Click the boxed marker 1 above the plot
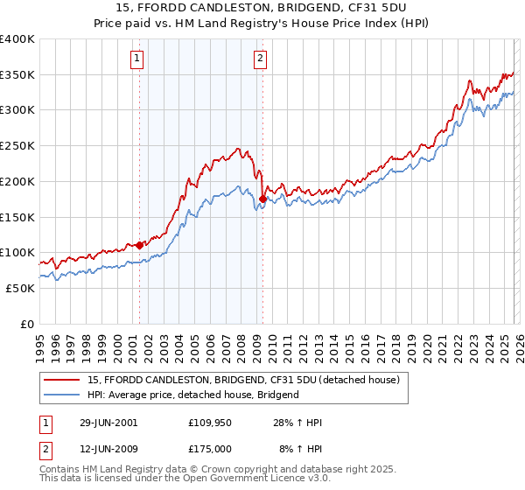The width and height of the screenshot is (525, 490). coord(138,59)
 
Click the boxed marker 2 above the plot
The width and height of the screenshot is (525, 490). coord(261,59)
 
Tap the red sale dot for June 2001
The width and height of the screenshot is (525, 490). coord(139,245)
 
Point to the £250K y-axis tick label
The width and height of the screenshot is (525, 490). coord(17,146)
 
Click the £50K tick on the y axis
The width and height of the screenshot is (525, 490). coord(20,288)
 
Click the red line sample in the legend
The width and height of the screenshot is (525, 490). coord(62,380)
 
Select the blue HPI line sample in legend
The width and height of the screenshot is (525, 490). coord(62,395)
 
